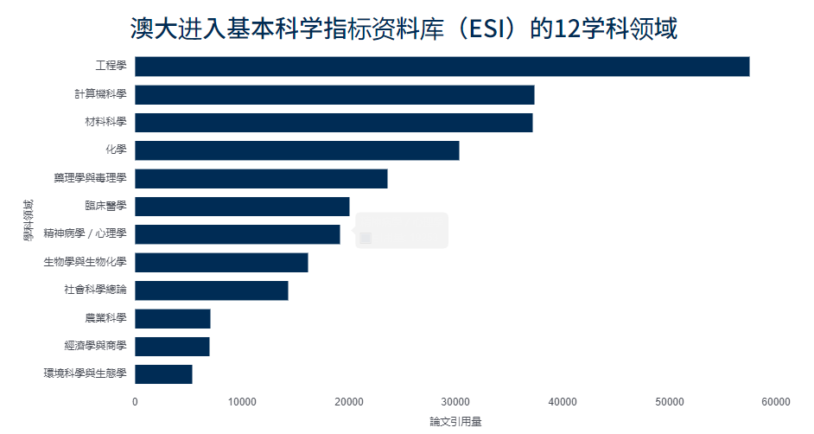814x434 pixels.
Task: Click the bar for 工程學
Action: (442, 67)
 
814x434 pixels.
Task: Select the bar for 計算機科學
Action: (334, 95)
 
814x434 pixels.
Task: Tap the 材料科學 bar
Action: (334, 123)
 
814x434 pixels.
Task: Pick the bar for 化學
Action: (296, 150)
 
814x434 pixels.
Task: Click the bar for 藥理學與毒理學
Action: (261, 179)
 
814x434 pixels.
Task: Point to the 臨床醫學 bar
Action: (242, 206)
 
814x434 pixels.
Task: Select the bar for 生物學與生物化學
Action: (221, 262)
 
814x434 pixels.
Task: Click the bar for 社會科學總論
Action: (211, 290)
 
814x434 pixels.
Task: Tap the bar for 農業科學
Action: (172, 319)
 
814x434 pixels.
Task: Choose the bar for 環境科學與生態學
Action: (163, 374)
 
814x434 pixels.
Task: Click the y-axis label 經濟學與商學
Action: (95, 347)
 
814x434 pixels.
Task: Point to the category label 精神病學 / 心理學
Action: (85, 234)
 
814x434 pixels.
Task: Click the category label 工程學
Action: (111, 67)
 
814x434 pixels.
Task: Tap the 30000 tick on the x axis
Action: (455, 402)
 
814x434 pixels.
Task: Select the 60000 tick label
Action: (776, 402)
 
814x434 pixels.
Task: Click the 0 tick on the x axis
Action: (135, 402)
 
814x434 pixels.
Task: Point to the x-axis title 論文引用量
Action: (455, 422)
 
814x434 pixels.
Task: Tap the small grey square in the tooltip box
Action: (366, 238)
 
